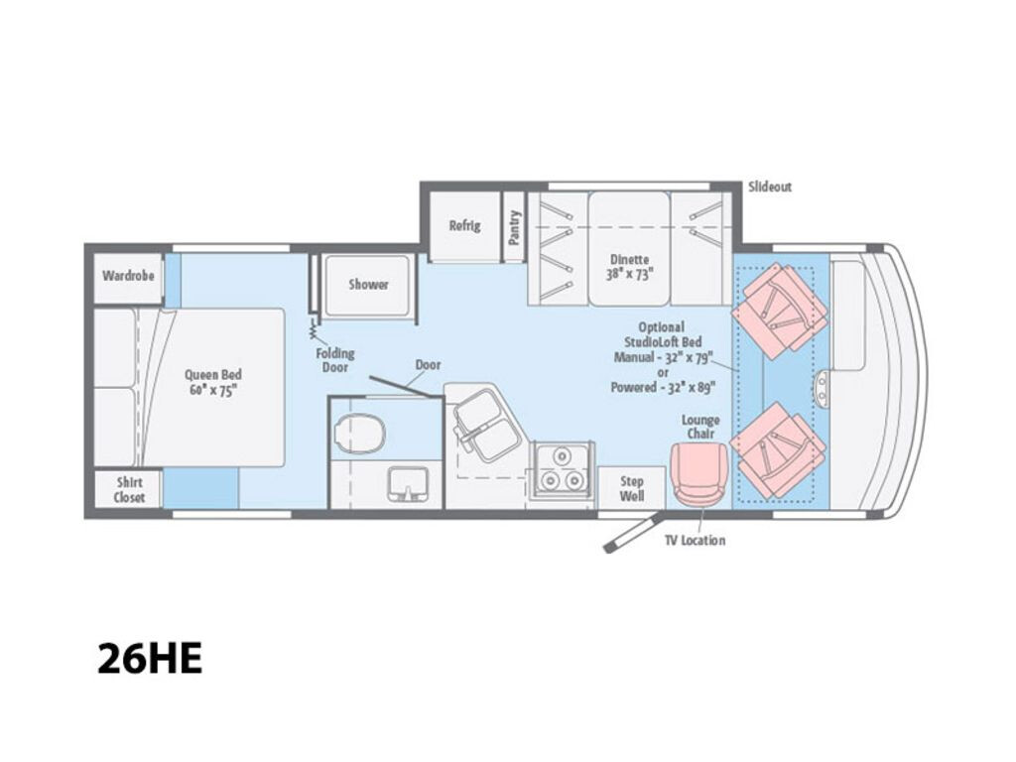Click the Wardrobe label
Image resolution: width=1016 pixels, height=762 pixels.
coord(128,276)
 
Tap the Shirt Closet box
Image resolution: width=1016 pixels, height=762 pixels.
coord(128,489)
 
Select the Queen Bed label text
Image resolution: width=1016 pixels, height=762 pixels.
coord(212,382)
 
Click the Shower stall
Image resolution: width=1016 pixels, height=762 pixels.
coord(367,285)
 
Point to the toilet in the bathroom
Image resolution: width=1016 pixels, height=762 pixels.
coord(360,431)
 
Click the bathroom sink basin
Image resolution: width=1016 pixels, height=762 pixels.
coord(408,483)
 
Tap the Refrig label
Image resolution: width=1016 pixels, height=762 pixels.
coord(464,225)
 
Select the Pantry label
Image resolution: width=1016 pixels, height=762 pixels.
coord(514,227)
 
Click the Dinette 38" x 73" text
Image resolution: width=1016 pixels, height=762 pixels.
coord(628,266)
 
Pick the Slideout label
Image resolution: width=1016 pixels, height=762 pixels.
coord(770,188)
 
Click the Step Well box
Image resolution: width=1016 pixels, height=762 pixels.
coord(631,488)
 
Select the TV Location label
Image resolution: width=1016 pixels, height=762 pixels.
coord(695,541)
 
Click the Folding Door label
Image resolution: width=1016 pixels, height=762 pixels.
coord(335,360)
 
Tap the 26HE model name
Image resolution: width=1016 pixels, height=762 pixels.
coord(150,659)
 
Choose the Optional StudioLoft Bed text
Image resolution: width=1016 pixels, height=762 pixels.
coord(662,334)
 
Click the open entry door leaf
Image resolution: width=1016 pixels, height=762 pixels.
coord(632,532)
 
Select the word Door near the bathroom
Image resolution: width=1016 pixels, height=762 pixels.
coord(428,365)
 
